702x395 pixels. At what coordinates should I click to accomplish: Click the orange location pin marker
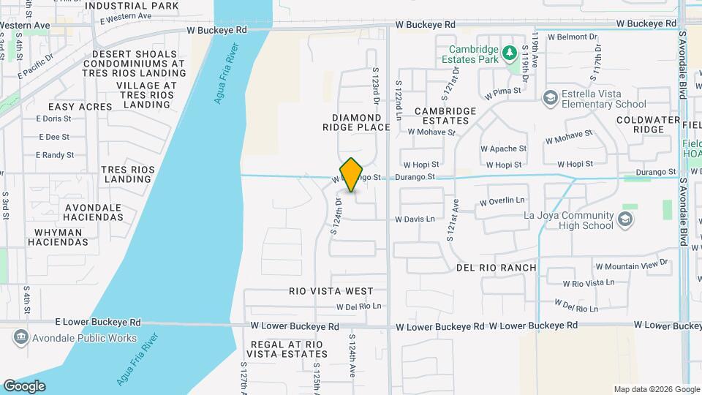point(352,175)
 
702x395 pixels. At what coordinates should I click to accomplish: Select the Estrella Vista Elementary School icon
point(550,97)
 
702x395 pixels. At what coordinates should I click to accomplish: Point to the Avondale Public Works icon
point(20,338)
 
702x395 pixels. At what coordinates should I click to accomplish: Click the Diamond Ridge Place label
point(357,122)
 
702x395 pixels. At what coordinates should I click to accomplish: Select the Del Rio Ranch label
point(497,268)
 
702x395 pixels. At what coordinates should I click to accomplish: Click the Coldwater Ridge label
point(640,124)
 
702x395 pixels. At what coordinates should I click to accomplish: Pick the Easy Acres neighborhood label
point(80,107)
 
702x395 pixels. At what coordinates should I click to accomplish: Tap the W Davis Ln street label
point(415,219)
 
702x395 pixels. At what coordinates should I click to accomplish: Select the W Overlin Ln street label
point(502,201)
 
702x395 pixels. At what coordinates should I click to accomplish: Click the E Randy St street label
point(55,155)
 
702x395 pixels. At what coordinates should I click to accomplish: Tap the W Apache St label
point(503,148)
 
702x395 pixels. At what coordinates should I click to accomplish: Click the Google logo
point(24,385)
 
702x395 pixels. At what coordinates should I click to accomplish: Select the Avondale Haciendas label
point(93,211)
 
